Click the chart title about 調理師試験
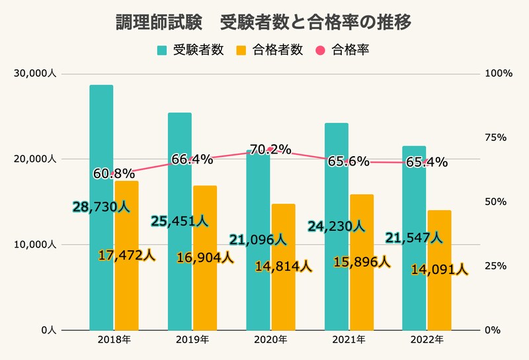264,22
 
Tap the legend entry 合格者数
269,50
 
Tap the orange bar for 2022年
439,298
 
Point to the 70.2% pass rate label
270,150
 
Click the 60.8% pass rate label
114,174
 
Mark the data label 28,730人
101,207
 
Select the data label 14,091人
440,270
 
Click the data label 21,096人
258,239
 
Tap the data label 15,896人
361,262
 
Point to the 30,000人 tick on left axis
36,74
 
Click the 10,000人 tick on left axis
36,245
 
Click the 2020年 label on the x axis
270,340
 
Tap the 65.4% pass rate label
427,162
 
